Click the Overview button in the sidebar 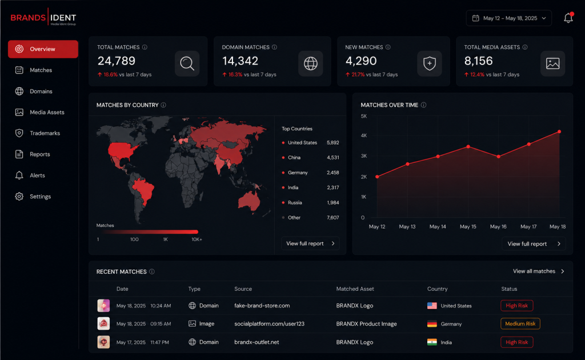click(x=43, y=49)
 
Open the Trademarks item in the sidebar click(x=38, y=133)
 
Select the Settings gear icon click(x=19, y=196)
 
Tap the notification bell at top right click(x=568, y=18)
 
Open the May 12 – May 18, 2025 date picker click(x=508, y=18)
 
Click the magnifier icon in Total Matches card click(x=187, y=63)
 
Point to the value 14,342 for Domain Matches click(x=241, y=61)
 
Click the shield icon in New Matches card click(x=430, y=63)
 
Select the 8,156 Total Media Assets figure click(x=478, y=61)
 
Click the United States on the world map click(x=122, y=150)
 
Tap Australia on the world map click(x=249, y=201)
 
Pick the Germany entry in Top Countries click(x=298, y=173)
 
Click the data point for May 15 click(x=468, y=147)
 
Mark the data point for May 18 click(x=559, y=131)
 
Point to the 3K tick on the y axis click(x=364, y=156)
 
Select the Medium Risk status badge click(x=520, y=324)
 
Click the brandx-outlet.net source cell click(x=257, y=342)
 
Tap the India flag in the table click(x=432, y=342)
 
